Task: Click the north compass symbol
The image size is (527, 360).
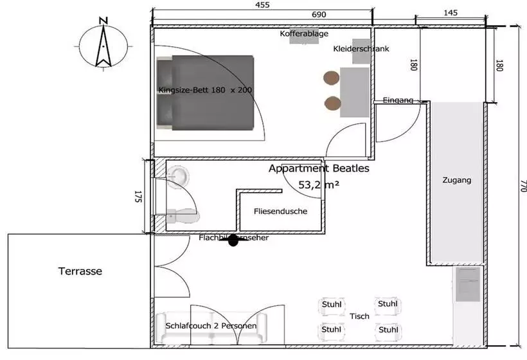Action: pyautogui.click(x=102, y=42)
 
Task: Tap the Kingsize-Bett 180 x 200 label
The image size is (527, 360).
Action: pyautogui.click(x=205, y=90)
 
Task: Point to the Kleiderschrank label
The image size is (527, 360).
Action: pyautogui.click(x=361, y=49)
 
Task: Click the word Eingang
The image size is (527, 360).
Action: pyautogui.click(x=398, y=100)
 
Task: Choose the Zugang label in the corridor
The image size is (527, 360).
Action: pyautogui.click(x=456, y=180)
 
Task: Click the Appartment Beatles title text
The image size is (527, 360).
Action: pyautogui.click(x=319, y=169)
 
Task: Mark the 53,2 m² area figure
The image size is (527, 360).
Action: pyautogui.click(x=319, y=185)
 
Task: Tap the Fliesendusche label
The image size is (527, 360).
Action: pyautogui.click(x=280, y=211)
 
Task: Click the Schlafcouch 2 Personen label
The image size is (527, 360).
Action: pyautogui.click(x=211, y=326)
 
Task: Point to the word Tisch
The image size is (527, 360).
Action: pyautogui.click(x=359, y=316)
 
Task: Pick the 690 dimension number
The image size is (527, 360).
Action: pyautogui.click(x=319, y=14)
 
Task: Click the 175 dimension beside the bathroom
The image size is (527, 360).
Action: pyautogui.click(x=138, y=197)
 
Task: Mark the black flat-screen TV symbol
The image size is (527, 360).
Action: pyautogui.click(x=233, y=240)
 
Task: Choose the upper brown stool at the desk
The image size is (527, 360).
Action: pyautogui.click(x=332, y=78)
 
